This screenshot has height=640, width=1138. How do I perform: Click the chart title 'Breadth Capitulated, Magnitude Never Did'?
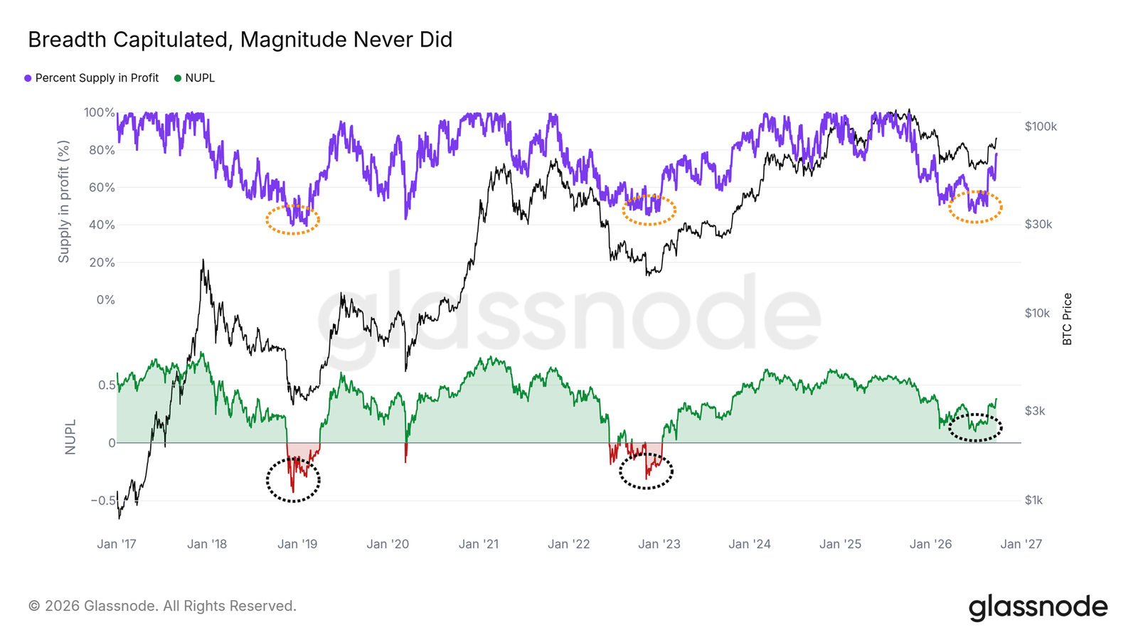(x=240, y=40)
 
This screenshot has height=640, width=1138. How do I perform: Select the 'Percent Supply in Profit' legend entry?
(x=92, y=78)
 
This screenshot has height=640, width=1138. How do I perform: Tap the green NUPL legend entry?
(x=195, y=78)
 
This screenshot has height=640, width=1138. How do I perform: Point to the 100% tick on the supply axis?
(x=100, y=112)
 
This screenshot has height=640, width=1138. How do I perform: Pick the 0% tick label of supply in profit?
(x=106, y=299)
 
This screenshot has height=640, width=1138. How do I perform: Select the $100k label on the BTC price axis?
(x=1041, y=127)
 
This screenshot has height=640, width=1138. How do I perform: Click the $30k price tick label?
(x=1038, y=225)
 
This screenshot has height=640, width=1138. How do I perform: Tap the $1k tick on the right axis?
(x=1034, y=501)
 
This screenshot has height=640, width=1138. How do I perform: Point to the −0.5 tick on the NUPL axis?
(x=103, y=501)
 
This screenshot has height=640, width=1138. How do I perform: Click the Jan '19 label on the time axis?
(x=297, y=545)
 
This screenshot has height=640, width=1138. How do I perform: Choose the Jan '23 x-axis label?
(x=659, y=545)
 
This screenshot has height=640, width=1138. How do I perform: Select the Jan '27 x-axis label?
(x=1021, y=545)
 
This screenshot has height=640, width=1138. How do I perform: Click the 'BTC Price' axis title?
(x=1067, y=319)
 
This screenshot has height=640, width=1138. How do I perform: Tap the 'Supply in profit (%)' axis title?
(x=63, y=202)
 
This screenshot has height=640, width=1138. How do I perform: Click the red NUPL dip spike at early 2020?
(x=405, y=452)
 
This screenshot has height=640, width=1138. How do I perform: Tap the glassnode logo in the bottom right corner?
(x=1038, y=607)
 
